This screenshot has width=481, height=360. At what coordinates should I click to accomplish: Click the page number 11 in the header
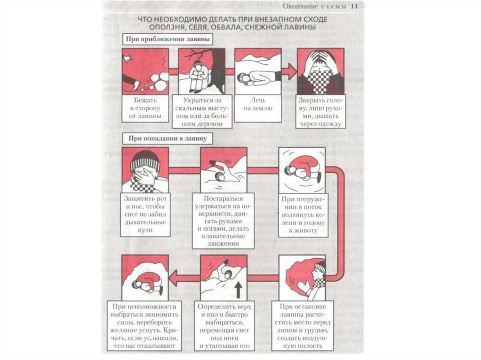tap(355, 6)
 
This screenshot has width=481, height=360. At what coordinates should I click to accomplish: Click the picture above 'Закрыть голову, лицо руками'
tap(321, 71)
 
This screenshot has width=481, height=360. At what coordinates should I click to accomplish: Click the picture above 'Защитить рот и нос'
tap(145, 170)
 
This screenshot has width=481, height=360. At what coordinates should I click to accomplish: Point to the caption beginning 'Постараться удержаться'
tap(223, 221)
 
